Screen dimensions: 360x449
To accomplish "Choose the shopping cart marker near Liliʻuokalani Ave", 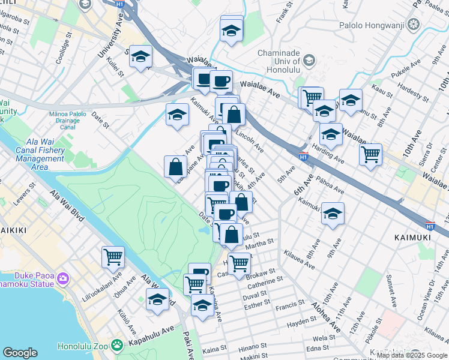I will [113, 257].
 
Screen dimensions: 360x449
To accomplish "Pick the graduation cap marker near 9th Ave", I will [332, 214].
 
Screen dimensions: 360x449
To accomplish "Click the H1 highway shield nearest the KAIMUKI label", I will [430, 226].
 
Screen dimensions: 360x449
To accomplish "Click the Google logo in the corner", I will [20, 353].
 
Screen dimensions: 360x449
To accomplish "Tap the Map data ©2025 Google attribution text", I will [411, 355].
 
